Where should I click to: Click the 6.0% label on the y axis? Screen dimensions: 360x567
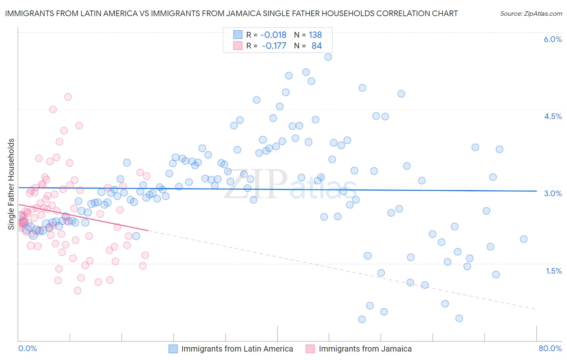pyautogui.click(x=552, y=39)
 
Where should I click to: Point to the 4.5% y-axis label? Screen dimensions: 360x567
pyautogui.click(x=552, y=116)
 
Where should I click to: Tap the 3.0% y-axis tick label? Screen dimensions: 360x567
pyautogui.click(x=552, y=193)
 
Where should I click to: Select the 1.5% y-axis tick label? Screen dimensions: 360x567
pyautogui.click(x=554, y=271)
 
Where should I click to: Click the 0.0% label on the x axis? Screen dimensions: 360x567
pyautogui.click(x=27, y=348)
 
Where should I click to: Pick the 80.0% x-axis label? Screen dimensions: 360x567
pyautogui.click(x=550, y=348)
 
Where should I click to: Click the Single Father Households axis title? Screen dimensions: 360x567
pyautogui.click(x=11, y=184)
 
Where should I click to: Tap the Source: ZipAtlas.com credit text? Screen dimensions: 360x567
pyautogui.click(x=531, y=14)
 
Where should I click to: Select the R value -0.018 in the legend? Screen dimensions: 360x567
pyautogui.click(x=273, y=35)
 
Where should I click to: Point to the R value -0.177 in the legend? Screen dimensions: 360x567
pyautogui.click(x=274, y=46)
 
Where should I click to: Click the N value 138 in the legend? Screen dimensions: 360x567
pyautogui.click(x=315, y=35)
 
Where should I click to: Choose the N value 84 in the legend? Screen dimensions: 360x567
pyautogui.click(x=317, y=46)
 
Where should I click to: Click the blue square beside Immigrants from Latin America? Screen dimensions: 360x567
pyautogui.click(x=173, y=349)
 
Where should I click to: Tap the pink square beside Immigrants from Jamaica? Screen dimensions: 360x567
pyautogui.click(x=310, y=349)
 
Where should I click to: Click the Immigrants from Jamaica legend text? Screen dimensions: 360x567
pyautogui.click(x=365, y=349)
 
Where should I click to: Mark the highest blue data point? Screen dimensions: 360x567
pyautogui.click(x=328, y=57)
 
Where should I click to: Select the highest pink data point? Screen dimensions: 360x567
pyautogui.click(x=68, y=97)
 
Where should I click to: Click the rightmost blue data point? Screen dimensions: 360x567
pyautogui.click(x=523, y=239)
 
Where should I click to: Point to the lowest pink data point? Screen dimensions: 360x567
pyautogui.click(x=77, y=291)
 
